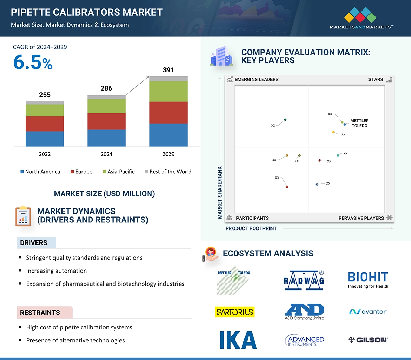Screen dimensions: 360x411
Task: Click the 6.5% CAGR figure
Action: point(33,63)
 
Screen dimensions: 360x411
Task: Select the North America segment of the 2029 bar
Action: point(168,135)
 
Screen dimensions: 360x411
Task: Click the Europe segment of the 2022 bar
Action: point(45,124)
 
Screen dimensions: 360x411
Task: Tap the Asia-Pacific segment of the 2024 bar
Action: point(106,106)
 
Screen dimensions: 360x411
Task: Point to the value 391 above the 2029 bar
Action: point(168,70)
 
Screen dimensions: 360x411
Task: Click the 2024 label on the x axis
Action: point(106,154)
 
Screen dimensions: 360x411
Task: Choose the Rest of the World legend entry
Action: point(168,172)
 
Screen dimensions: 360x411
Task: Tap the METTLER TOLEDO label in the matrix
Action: point(359,123)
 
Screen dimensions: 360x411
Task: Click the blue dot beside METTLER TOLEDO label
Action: point(345,124)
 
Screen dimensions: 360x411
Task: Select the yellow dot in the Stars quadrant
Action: point(333,132)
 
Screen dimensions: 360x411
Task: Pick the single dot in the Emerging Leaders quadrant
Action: point(285,120)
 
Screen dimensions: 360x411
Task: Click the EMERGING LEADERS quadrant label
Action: point(256,79)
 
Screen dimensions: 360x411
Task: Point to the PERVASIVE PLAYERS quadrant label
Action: point(361,218)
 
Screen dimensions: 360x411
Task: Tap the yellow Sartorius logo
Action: point(234,312)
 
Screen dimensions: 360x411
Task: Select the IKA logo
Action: point(238,340)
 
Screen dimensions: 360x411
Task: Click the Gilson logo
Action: point(368,340)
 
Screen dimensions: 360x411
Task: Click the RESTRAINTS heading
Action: point(40,313)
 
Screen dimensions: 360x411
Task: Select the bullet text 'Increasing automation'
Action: point(56,271)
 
